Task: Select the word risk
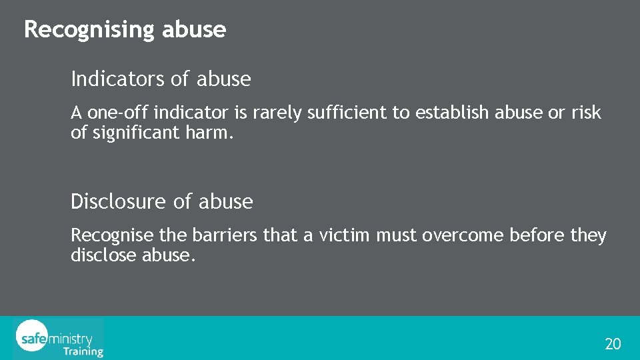pos(587,113)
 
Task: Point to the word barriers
pos(218,235)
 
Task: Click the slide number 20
pos(613,344)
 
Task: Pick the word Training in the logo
pos(83,351)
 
